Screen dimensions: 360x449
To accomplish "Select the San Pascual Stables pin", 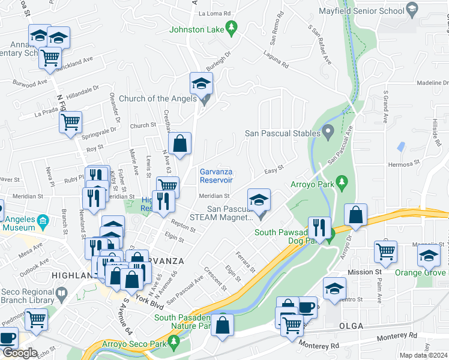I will tap(328, 130).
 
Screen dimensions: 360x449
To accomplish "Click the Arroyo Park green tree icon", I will tap(342, 181).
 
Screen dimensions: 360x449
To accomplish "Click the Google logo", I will tap(20, 353).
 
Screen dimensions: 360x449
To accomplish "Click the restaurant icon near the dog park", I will tap(319, 227).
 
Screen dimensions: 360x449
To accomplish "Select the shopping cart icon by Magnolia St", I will tap(385, 251).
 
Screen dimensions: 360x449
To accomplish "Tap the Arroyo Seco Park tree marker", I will tap(175, 343).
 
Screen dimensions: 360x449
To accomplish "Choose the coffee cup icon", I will tap(307, 307).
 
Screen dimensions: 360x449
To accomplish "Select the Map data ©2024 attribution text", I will tap(423, 355).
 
